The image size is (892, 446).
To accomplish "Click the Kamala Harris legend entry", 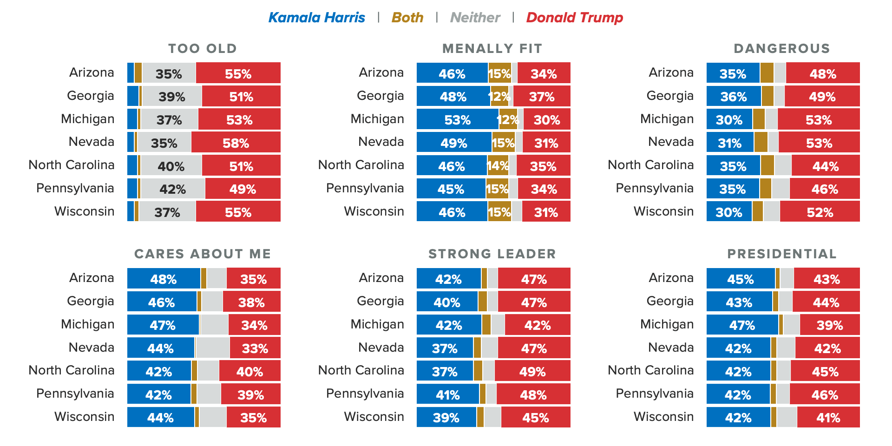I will coord(316,18).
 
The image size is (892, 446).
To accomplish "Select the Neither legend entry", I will coord(475,18).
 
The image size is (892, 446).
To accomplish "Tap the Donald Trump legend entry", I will coord(574,18).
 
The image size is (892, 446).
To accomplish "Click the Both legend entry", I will coord(407,18).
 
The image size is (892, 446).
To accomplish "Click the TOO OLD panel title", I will coord(203,48).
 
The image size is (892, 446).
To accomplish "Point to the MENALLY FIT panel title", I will coord(492,48).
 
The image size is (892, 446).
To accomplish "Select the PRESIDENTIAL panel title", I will coord(782,254).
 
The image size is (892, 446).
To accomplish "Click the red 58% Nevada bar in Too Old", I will coord(236,142).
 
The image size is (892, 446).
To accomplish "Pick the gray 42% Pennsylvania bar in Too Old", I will coord(173,189).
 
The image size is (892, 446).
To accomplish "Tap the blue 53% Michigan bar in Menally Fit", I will coord(458,119).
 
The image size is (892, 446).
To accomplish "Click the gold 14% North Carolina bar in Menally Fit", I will coord(498,165).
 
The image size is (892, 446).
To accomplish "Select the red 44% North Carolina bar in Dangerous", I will coord(826,165).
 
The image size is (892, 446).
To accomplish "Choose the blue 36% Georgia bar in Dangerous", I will coord(734,96).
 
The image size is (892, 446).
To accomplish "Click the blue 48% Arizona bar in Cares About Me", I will coord(164,278).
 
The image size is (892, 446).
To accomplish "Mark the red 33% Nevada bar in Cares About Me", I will coord(255,348).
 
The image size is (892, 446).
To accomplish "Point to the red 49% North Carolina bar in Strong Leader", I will coord(532,371).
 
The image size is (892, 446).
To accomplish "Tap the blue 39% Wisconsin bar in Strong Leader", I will coord(446,417).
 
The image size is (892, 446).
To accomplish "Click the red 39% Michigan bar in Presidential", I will coord(830,324).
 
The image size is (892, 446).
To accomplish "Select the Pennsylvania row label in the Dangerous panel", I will coord(654,188).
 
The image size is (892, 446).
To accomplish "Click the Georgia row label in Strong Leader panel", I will coord(380,301).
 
